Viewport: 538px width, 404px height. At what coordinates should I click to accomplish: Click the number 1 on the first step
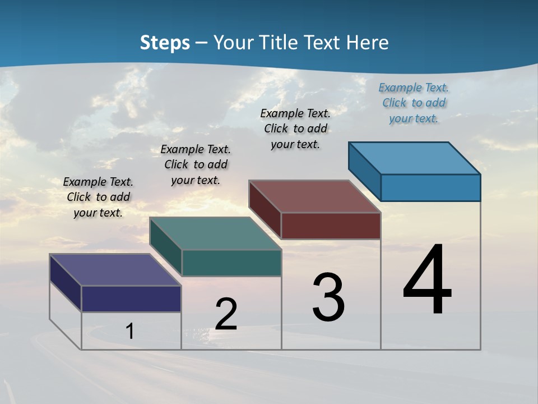(130, 331)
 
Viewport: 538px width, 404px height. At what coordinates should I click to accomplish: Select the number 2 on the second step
(226, 314)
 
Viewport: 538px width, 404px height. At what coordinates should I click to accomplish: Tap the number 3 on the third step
(328, 297)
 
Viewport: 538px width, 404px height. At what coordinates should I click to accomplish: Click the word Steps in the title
(165, 43)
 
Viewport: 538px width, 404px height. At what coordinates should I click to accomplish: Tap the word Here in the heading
(368, 43)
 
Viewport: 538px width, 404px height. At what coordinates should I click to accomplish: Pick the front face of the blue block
(430, 187)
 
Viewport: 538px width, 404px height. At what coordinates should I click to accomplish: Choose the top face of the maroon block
(315, 196)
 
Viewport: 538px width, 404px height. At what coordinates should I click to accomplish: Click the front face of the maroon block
(331, 226)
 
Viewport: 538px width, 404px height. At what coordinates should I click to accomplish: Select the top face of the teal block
(215, 233)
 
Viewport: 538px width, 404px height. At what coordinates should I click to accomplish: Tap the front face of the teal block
(231, 263)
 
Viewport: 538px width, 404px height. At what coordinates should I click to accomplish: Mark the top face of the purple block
(115, 270)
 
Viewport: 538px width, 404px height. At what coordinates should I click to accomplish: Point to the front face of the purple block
(131, 299)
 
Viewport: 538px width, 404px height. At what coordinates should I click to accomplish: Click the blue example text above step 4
(414, 103)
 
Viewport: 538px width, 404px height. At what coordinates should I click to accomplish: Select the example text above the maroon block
(295, 128)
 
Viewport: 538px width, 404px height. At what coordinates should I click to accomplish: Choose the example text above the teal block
(196, 164)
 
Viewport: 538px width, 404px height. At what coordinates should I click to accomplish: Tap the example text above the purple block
(98, 197)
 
